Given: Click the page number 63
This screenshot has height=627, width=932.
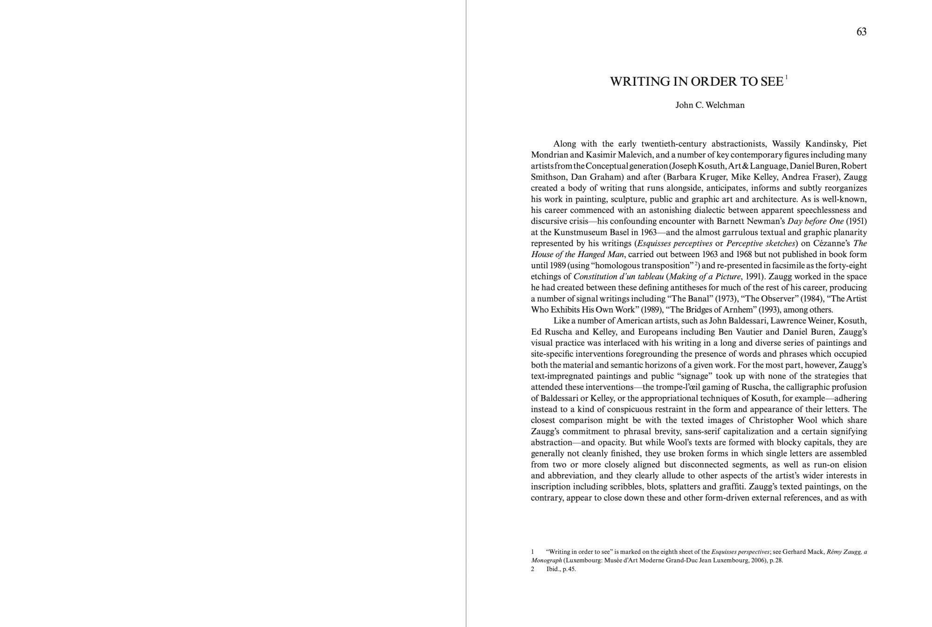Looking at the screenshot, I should tap(861, 32).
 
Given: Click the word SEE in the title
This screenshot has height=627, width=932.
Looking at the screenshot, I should tap(772, 82).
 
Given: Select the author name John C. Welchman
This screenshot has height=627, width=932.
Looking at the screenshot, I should tap(710, 105).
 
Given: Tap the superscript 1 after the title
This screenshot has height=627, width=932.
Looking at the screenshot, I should tap(787, 77).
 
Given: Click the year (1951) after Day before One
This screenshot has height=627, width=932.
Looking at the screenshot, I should tap(857, 221).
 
